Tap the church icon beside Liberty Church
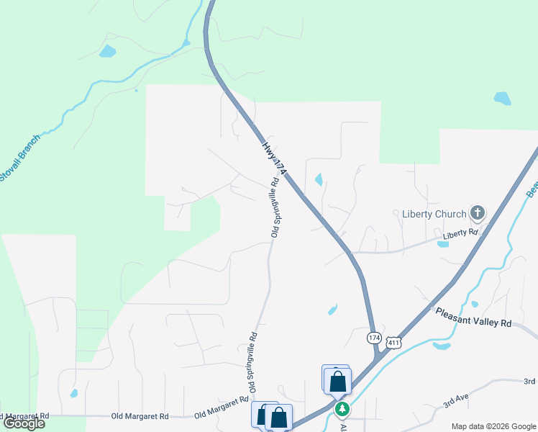(x=477, y=213)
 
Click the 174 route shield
(x=373, y=338)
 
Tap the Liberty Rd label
(x=460, y=233)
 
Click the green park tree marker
(x=343, y=409)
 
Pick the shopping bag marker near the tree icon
(x=337, y=382)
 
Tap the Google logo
(x=24, y=423)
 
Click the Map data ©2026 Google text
(x=493, y=426)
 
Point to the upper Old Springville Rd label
(x=274, y=208)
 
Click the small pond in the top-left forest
(x=107, y=51)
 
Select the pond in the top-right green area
(x=502, y=98)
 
